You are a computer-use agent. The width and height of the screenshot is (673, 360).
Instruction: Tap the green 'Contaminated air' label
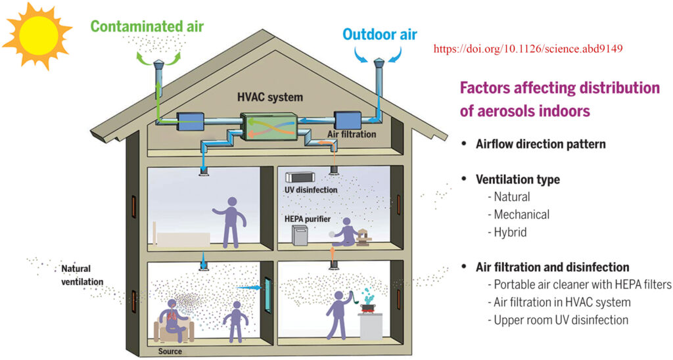[147, 26]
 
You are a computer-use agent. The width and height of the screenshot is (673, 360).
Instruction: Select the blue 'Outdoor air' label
[380, 34]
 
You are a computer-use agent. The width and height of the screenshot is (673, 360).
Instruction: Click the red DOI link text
[528, 49]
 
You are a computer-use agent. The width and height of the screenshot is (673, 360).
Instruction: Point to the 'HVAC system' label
[270, 97]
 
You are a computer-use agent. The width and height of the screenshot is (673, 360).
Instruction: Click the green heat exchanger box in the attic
[269, 127]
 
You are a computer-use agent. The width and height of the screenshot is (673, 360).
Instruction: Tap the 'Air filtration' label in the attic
[352, 134]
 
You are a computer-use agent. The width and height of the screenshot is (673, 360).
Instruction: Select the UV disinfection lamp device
[300, 177]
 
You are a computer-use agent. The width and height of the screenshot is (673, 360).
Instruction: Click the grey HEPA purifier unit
[300, 236]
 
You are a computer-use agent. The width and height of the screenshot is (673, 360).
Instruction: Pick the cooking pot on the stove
[367, 307]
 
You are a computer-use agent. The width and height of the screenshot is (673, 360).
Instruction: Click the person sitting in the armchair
[173, 320]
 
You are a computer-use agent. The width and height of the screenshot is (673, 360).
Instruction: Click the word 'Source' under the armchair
[170, 351]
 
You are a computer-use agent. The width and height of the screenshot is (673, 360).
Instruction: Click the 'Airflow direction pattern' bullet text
[540, 144]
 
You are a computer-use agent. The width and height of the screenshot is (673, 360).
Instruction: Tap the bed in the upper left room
[183, 239]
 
